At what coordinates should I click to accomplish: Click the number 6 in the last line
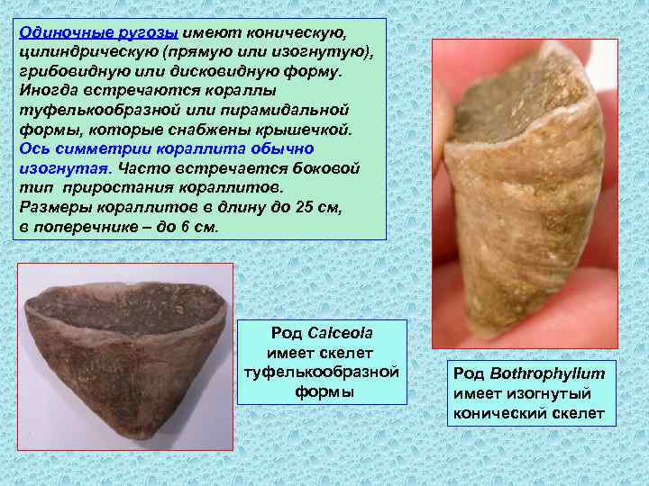[182, 227]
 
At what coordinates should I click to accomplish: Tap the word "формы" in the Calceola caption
[324, 392]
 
